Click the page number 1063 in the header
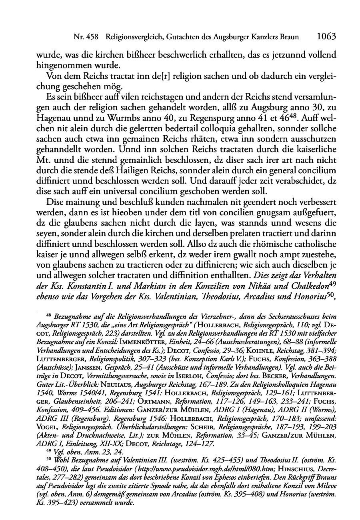coord(326,37)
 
